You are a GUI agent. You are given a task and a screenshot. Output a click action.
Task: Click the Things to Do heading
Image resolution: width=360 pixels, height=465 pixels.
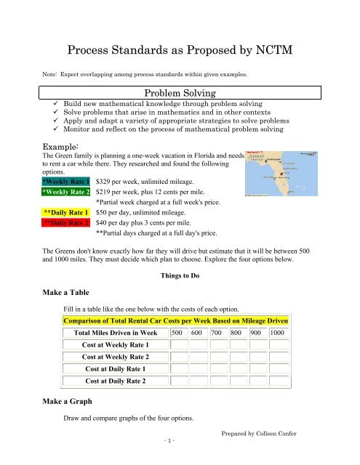(x=180, y=275)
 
